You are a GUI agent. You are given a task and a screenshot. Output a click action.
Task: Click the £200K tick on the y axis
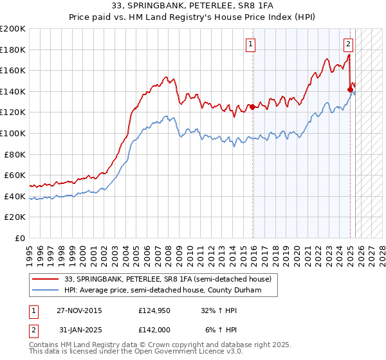[x=13, y=29]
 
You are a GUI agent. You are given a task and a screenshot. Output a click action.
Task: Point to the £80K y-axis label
[x=15, y=154]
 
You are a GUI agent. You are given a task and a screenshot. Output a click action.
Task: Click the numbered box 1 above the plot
[x=250, y=44]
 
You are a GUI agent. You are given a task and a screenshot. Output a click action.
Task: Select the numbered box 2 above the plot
[x=348, y=44]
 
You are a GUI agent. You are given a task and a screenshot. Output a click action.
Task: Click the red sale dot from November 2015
[x=252, y=107]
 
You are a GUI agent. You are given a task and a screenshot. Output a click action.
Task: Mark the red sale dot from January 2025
[x=350, y=89]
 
